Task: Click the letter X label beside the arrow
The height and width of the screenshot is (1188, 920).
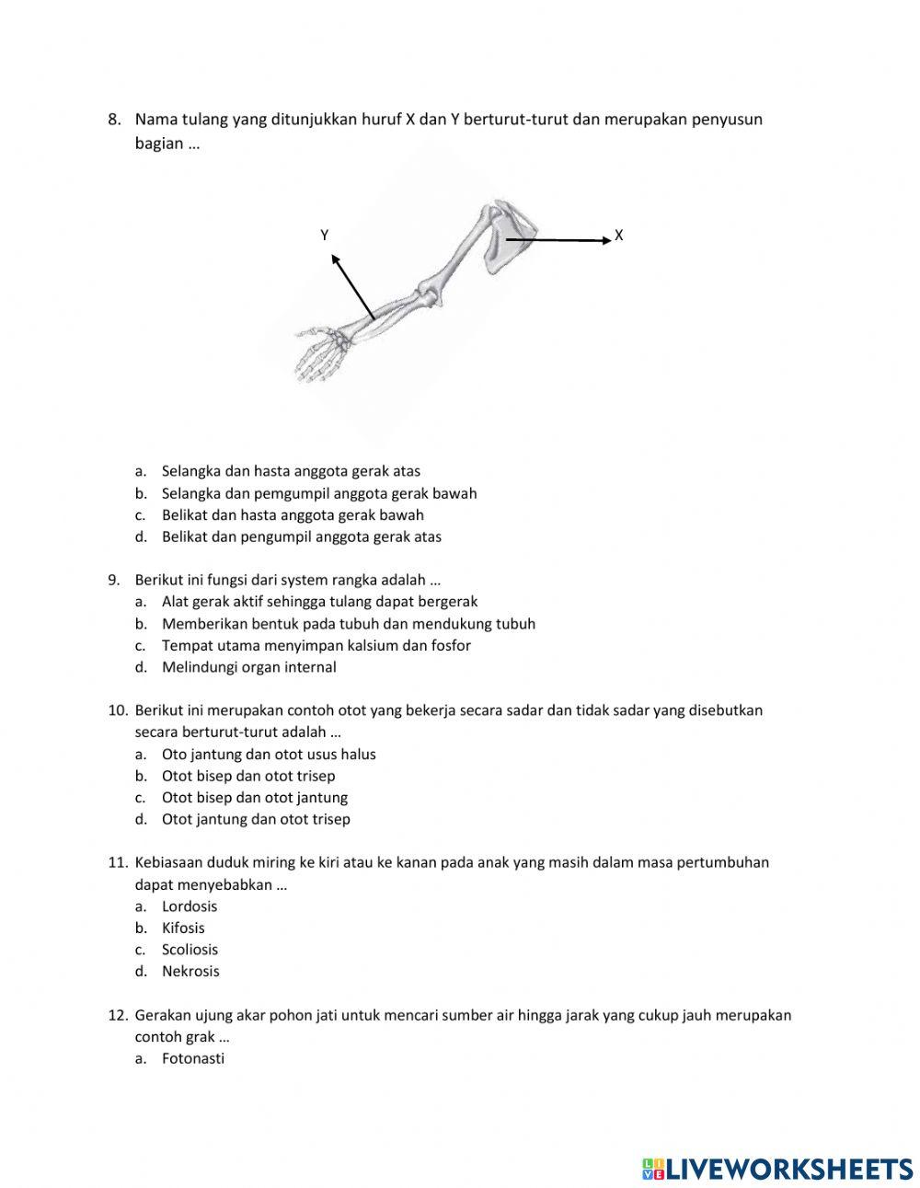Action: (618, 236)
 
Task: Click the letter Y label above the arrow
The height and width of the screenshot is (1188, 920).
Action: (325, 236)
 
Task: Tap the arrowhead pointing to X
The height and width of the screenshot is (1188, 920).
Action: (605, 240)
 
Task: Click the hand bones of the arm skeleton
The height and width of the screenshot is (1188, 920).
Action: (317, 354)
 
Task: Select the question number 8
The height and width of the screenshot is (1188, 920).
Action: (114, 120)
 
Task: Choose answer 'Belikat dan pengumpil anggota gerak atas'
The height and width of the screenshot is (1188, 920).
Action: (301, 537)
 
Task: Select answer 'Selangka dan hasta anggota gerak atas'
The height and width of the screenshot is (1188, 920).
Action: (291, 471)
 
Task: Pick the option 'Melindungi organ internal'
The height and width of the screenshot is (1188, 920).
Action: (248, 668)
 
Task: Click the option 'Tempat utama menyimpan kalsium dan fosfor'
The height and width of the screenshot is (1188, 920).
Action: (316, 646)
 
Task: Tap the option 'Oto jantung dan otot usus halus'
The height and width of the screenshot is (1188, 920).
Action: (269, 755)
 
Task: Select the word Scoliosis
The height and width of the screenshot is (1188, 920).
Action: (190, 950)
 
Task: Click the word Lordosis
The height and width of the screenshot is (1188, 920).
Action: (190, 906)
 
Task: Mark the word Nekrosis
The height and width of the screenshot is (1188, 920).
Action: (190, 972)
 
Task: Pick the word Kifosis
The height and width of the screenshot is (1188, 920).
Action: (183, 928)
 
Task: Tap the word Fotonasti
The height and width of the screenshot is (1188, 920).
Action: (193, 1059)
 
